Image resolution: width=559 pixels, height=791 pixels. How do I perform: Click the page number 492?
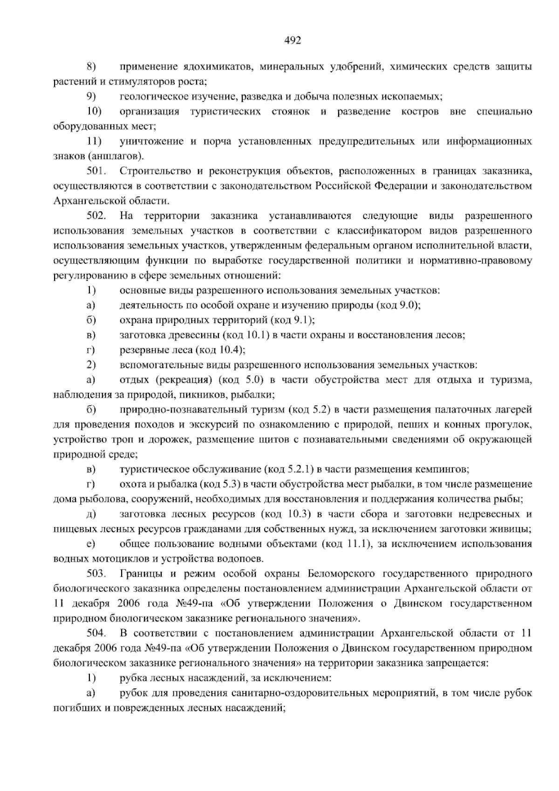293,41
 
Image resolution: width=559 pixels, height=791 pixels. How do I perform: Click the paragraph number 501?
96,171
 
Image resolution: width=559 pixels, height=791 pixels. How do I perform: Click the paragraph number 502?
96,216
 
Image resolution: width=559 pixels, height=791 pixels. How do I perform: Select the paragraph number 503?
96,573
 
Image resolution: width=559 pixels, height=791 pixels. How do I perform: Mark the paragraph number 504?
96,633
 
